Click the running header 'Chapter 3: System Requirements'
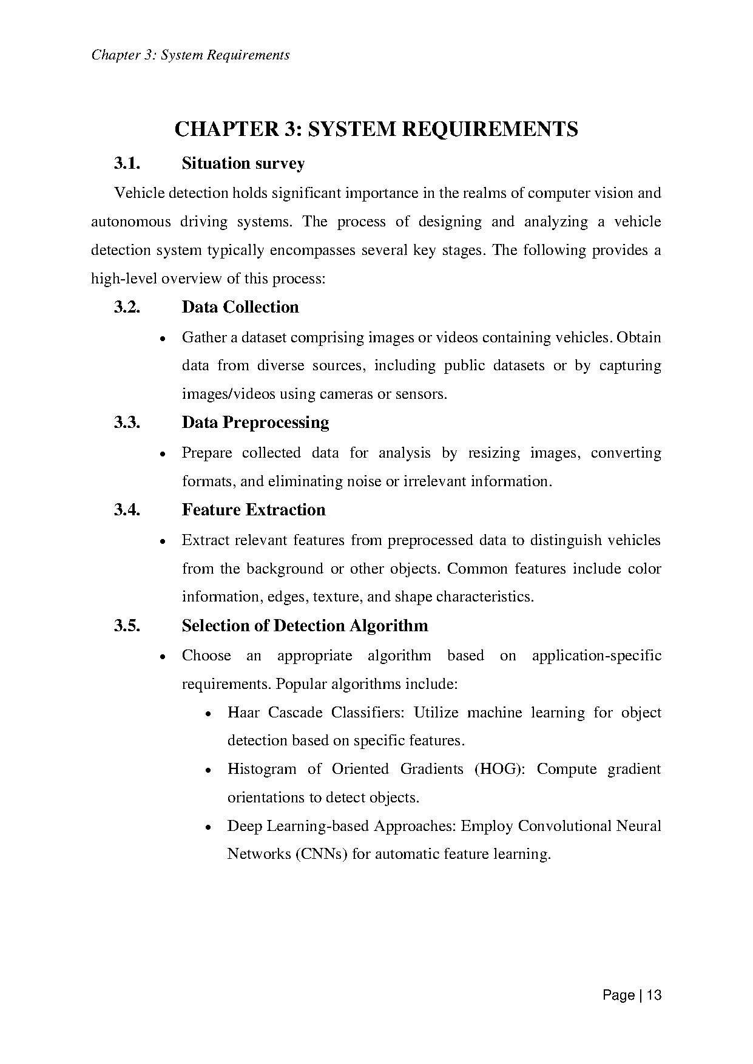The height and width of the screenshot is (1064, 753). point(190,55)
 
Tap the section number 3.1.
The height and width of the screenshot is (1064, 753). point(127,163)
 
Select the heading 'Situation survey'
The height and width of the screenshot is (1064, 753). point(243,163)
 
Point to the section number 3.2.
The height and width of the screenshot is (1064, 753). point(127,307)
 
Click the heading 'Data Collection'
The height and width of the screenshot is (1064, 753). point(240,307)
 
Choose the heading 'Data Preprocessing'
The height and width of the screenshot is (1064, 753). point(255,422)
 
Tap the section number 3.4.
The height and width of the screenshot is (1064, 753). point(127,510)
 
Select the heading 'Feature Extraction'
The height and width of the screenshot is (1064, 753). point(253,510)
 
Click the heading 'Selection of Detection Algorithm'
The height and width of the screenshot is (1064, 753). point(305,626)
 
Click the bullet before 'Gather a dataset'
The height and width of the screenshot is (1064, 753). point(162,339)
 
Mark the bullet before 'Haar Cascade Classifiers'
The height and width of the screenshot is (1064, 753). point(208,714)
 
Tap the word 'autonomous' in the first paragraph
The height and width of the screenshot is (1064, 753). point(130,222)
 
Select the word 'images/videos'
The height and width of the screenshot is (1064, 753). point(228,395)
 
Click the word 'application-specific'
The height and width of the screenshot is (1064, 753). point(596,656)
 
